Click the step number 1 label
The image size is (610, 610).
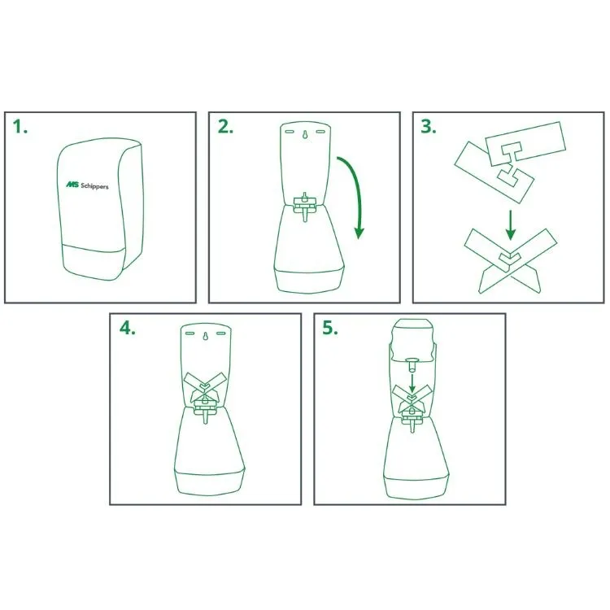(x=20, y=127)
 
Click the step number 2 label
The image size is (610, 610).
(x=225, y=127)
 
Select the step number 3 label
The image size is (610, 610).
(x=429, y=127)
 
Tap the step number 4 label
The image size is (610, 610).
(x=127, y=328)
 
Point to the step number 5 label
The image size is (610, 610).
(x=330, y=328)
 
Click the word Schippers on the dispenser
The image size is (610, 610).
(x=94, y=186)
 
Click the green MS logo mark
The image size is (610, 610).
(x=72, y=184)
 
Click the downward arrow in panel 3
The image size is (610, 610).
(x=511, y=224)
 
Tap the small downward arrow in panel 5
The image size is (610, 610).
(x=412, y=381)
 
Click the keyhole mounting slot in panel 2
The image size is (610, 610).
(x=305, y=134)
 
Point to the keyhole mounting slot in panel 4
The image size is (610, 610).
(x=205, y=336)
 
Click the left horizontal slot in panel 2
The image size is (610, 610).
(x=289, y=132)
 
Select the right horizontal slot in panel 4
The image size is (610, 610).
(x=221, y=333)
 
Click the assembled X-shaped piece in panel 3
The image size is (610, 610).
(x=510, y=260)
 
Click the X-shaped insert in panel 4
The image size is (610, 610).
(x=205, y=388)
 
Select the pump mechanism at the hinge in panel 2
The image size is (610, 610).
(x=305, y=206)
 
